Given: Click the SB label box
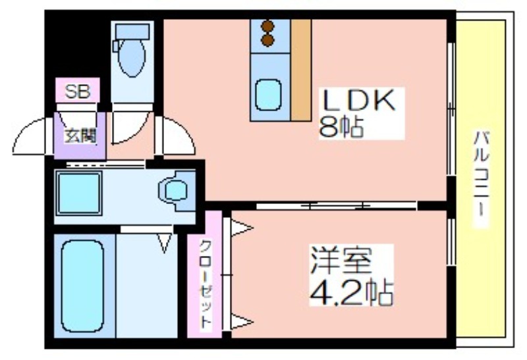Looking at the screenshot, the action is point(77,90).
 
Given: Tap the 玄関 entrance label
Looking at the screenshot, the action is point(80,136).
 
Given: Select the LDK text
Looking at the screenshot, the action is point(358,101).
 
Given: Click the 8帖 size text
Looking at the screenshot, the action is point(341,126).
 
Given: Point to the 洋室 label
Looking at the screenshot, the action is point(341,260).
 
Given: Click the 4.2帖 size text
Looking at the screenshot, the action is point(351,292).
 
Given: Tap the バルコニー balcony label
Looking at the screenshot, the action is point(481,174).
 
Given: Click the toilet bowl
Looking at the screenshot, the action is point(132,58).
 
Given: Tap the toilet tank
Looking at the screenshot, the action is point(132,32).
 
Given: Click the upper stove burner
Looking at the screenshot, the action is point(268,26).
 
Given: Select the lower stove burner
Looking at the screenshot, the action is point(268,40).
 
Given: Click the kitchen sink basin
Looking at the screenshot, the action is point(268,95).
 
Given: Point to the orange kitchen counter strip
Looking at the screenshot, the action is point(301,70).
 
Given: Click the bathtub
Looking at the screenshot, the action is point(82,286).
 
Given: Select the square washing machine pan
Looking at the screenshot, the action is point(79,193).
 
